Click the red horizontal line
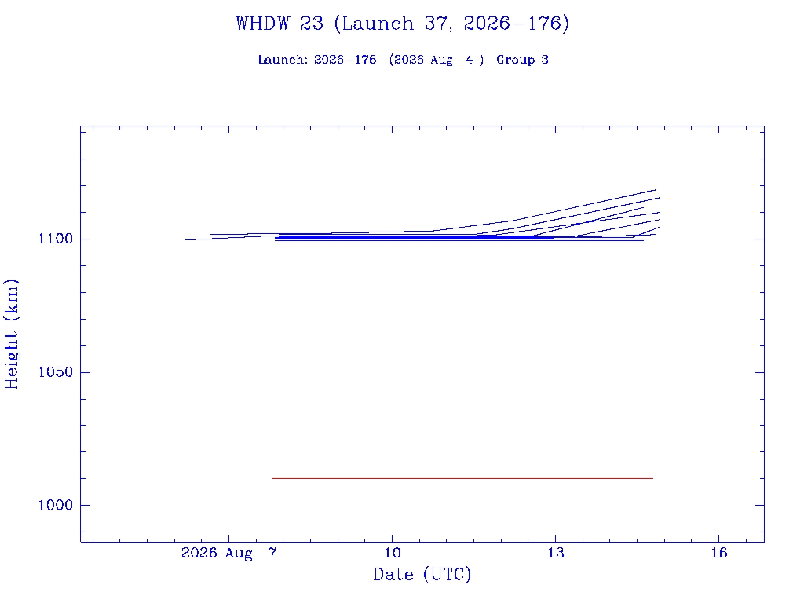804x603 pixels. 462,478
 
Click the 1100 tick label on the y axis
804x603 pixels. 56,239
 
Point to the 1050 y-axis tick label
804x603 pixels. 56,371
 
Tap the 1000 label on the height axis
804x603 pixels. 56,505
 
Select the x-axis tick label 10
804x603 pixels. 393,553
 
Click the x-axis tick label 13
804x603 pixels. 555,553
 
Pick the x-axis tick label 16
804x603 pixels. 719,553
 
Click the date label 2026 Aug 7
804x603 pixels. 228,554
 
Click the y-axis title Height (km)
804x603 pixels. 11,334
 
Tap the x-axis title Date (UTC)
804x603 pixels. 422,574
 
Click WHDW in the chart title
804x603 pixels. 262,24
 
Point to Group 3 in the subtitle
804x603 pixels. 522,60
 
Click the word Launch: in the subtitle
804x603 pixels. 283,60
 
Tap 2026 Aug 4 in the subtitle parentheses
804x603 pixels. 436,60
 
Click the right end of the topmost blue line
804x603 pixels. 656,190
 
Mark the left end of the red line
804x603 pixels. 272,478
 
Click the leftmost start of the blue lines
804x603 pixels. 185,239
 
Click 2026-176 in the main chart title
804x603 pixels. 512,24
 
